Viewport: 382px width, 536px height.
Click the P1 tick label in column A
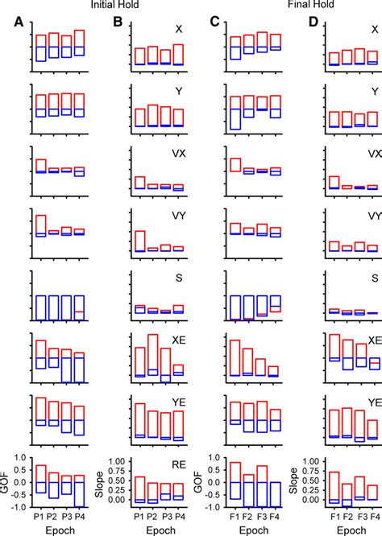point(40,516)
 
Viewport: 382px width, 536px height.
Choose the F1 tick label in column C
point(235,516)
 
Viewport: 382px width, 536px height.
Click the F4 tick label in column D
point(372,516)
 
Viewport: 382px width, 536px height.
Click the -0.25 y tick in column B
point(115,500)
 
